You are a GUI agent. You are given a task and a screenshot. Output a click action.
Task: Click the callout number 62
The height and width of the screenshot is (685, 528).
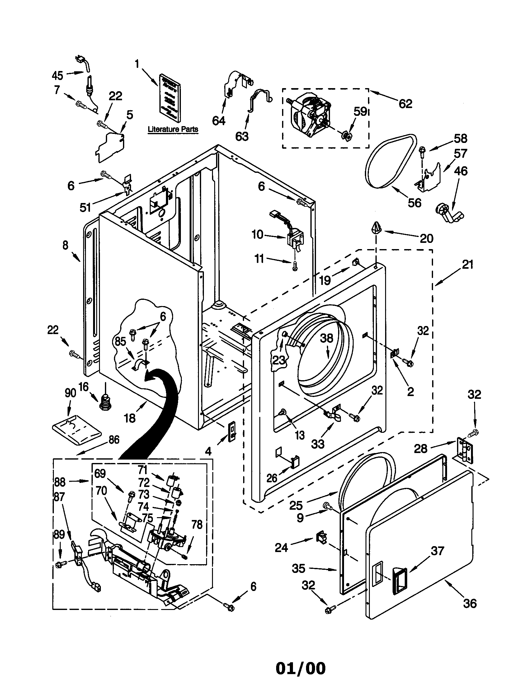pos(405,103)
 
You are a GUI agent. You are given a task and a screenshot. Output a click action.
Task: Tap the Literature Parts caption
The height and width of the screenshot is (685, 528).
pos(173,129)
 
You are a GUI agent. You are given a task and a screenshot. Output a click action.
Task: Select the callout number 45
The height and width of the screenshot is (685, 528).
pos(57,76)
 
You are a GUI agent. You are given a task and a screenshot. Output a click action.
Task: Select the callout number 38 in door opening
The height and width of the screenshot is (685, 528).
pos(326,338)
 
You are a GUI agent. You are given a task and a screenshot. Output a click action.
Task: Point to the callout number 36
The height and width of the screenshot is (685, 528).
pos(469,603)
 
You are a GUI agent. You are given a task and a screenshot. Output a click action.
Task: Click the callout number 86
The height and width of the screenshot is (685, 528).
pos(114,440)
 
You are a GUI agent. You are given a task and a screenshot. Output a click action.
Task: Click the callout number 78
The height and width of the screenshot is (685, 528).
pos(197,524)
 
